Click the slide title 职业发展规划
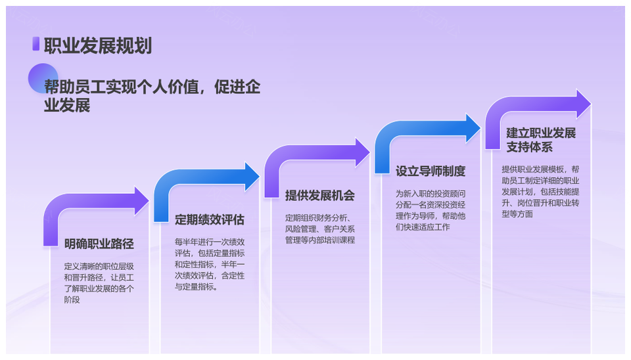pyautogui.click(x=98, y=45)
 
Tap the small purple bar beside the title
pyautogui.click(x=35, y=44)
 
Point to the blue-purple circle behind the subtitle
pyautogui.click(x=43, y=78)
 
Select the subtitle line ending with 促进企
pyautogui.click(x=152, y=87)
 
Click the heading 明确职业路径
pyautogui.click(x=99, y=244)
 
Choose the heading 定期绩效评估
pyautogui.click(x=209, y=219)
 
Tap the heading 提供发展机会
pyautogui.click(x=320, y=196)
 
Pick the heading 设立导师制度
pyautogui.click(x=430, y=171)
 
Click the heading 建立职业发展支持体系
pyautogui.click(x=541, y=140)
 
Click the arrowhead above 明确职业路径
pyautogui.click(x=141, y=201)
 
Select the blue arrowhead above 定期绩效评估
pyautogui.click(x=252, y=177)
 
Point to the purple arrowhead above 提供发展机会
pyautogui.click(x=362, y=152)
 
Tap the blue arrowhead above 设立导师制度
pyautogui.click(x=473, y=128)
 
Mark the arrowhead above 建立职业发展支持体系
pyautogui.click(x=584, y=104)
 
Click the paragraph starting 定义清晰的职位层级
pyautogui.click(x=99, y=283)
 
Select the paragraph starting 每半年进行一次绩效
pyautogui.click(x=210, y=264)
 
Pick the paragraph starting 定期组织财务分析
pyautogui.click(x=320, y=229)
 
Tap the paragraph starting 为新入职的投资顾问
pyautogui.click(x=431, y=210)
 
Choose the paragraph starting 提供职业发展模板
pyautogui.click(x=540, y=191)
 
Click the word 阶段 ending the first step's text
pyautogui.click(x=72, y=300)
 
